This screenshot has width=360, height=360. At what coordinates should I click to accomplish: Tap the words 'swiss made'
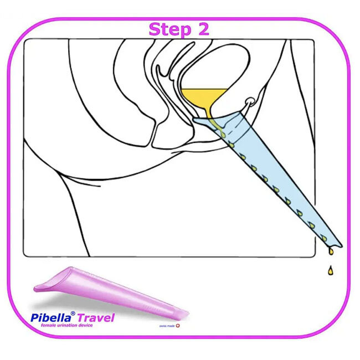tap(168, 327)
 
